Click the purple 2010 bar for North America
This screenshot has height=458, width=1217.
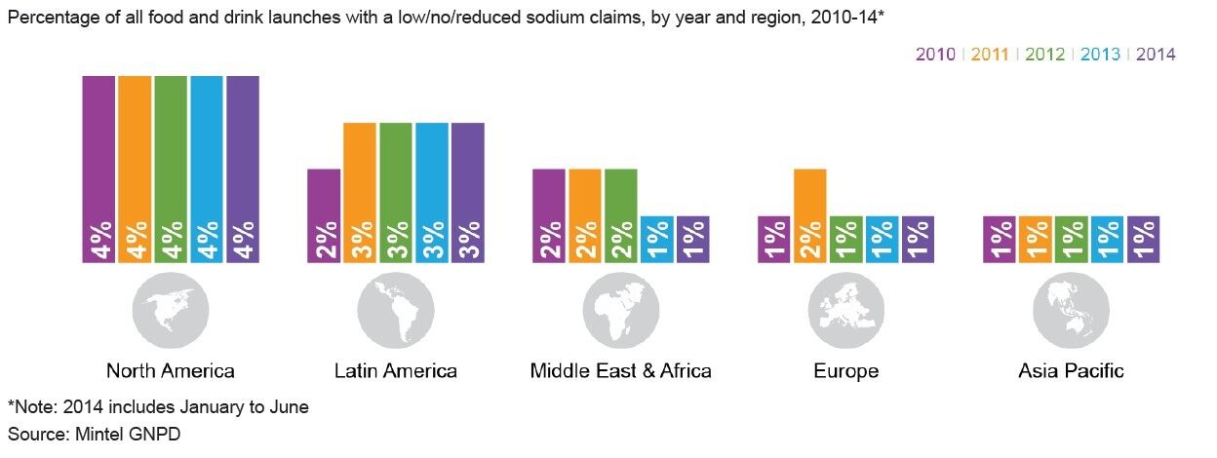coord(98,169)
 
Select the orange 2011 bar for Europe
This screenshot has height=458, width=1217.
coord(810,215)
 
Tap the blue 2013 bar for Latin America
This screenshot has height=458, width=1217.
coord(432,192)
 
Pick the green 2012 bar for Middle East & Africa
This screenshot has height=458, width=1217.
coord(621,215)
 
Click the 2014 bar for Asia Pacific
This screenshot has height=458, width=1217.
coord(1144,239)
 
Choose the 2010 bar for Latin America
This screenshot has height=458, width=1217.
coord(324,215)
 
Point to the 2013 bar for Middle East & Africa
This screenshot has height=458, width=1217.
coord(657,239)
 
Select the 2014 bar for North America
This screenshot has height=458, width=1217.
coord(243,169)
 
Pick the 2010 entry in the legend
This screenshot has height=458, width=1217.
coord(934,55)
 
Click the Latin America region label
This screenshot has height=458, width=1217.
coord(396,371)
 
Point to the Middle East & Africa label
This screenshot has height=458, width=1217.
coord(621,371)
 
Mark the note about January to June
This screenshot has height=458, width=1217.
coord(158,406)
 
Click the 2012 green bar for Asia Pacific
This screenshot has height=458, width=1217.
coord(1071,239)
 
